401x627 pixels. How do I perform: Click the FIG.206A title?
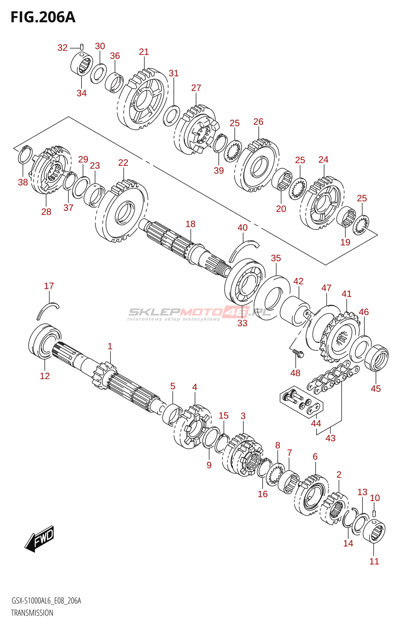[43, 17]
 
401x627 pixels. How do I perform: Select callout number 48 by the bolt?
[295, 373]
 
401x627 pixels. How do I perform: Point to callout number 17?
[49, 286]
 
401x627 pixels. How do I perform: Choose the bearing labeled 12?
[45, 341]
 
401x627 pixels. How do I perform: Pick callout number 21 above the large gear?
[144, 52]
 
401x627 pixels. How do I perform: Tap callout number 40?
[242, 228]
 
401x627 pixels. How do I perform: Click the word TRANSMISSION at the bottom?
[32, 613]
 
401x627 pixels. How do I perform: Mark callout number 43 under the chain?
[331, 438]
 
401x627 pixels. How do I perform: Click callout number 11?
[374, 561]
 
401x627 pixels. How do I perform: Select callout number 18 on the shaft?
[190, 224]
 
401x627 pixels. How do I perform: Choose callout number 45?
[376, 388]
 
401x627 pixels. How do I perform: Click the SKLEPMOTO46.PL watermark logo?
[199, 313]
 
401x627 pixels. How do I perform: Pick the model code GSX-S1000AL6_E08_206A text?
[46, 601]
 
